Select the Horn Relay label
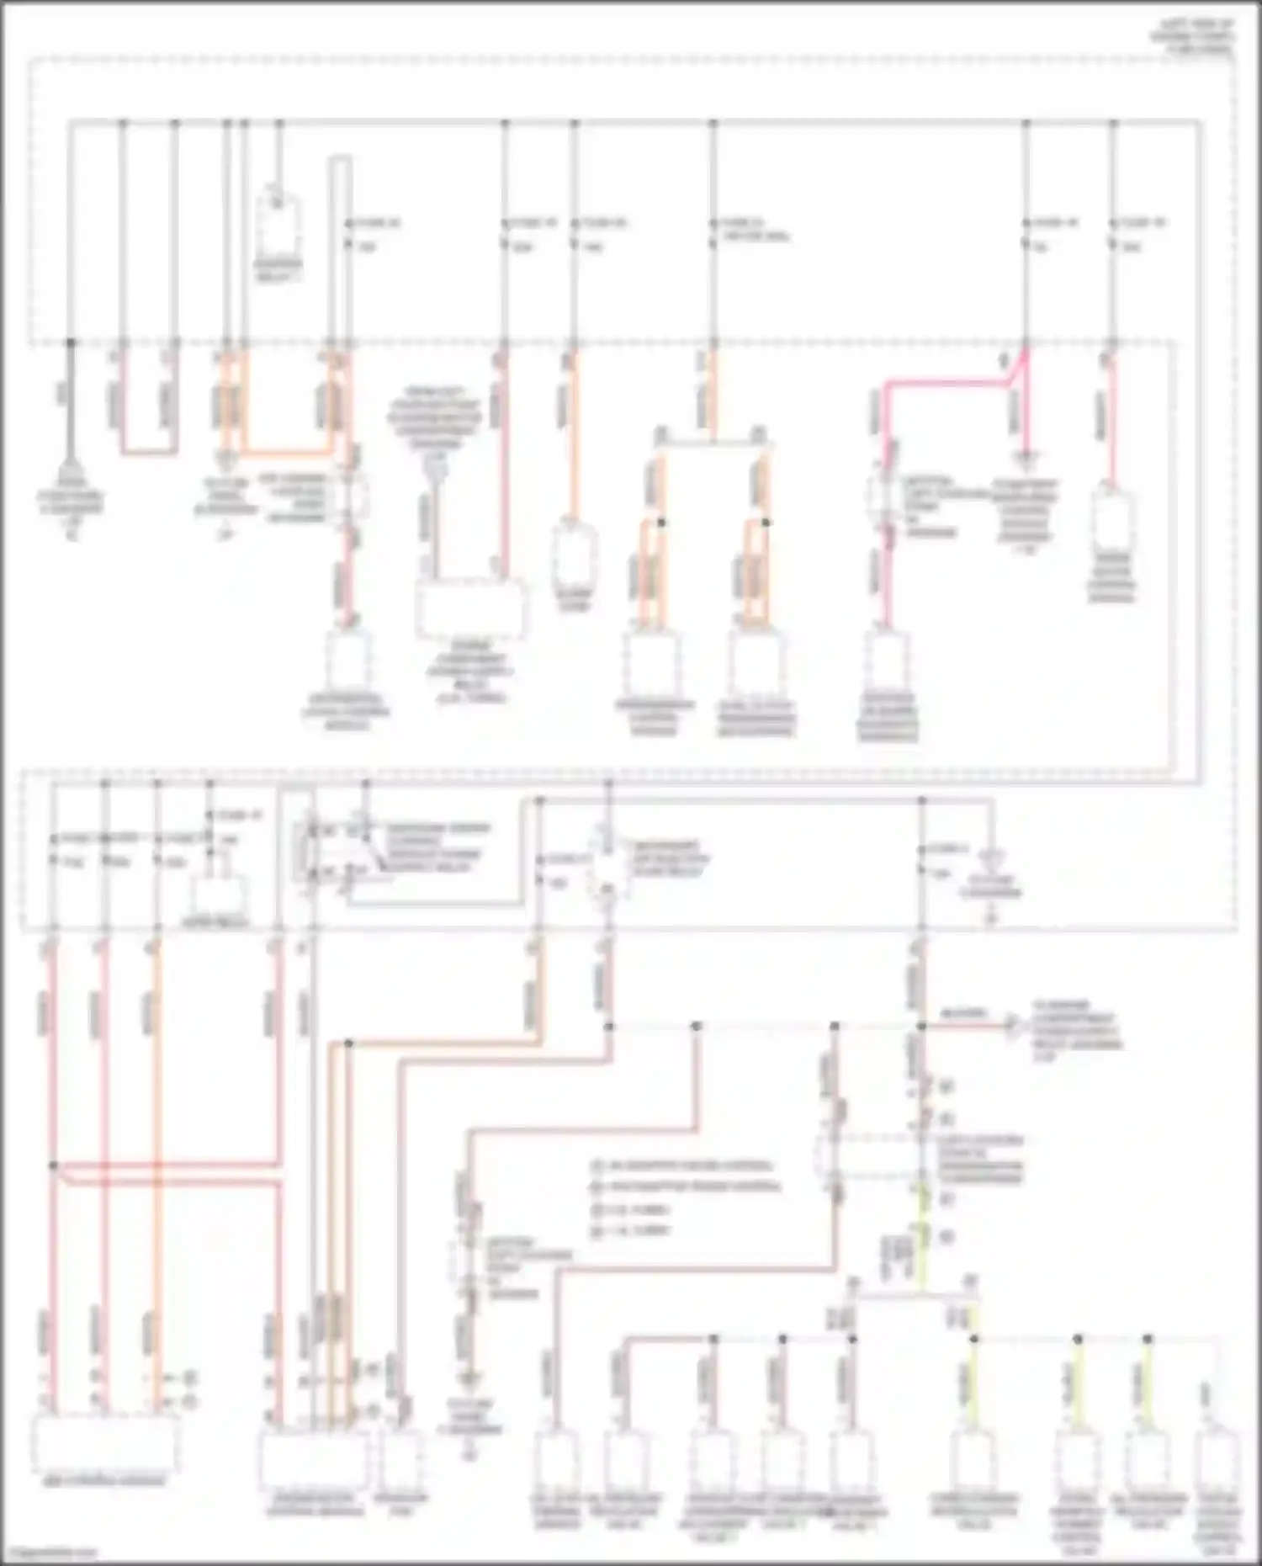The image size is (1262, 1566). [x=215, y=923]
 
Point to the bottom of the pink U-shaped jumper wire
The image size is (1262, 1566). [x=149, y=453]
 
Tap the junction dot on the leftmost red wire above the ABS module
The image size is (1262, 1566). [x=53, y=1165]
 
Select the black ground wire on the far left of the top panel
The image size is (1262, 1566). [x=71, y=404]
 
